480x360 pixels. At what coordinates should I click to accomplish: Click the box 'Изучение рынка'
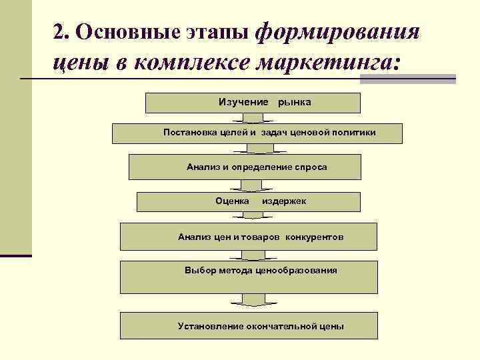tap(253, 103)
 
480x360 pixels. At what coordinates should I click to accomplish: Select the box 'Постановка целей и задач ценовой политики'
tap(257, 133)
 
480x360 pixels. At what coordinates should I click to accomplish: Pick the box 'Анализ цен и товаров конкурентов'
tap(249, 237)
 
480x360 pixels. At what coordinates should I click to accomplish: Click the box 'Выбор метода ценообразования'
tap(249, 277)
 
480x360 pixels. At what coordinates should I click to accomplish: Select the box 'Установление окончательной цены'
tap(249, 326)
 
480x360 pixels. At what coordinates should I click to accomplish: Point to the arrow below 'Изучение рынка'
tap(253, 118)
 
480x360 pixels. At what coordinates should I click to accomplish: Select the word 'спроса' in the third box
tap(311, 167)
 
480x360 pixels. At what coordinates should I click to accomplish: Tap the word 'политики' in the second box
tap(355, 133)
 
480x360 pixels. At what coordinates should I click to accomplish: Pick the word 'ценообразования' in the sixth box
tap(296, 270)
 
